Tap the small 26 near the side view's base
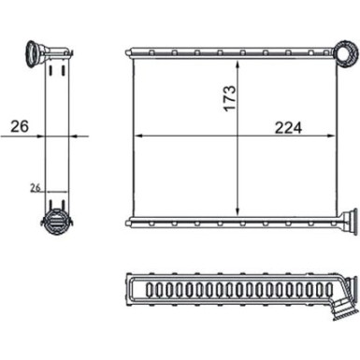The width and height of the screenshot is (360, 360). coord(36,188)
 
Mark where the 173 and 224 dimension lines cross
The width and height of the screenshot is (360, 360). coord(240,136)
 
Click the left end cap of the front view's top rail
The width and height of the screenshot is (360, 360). coord(130,50)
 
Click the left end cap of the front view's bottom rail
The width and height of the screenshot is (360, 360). coord(130,222)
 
